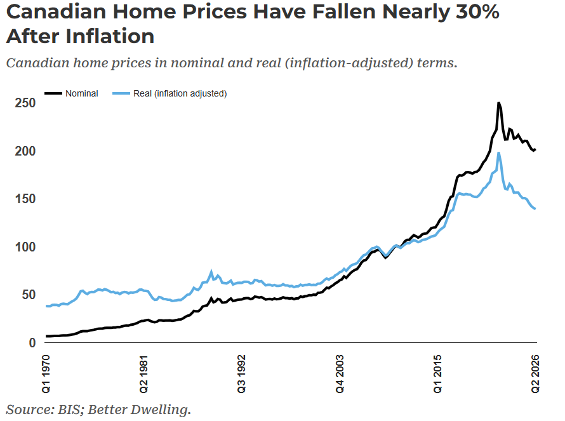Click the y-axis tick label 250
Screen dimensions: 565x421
pyautogui.click(x=25, y=103)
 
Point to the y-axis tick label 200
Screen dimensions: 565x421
pyautogui.click(x=25, y=151)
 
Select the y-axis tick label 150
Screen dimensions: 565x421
pyautogui.click(x=25, y=199)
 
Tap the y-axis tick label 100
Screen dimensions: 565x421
pyautogui.click(x=25, y=247)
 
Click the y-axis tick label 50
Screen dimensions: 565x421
pyautogui.click(x=29, y=295)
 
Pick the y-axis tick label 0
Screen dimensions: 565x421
pyautogui.click(x=32, y=343)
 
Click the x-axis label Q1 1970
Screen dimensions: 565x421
pyautogui.click(x=46, y=374)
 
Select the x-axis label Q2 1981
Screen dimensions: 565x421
pyautogui.click(x=143, y=374)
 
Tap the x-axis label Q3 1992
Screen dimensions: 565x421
pyautogui.click(x=241, y=374)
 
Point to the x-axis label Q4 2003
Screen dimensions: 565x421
pyautogui.click(x=340, y=374)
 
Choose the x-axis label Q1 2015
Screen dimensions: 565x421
pyautogui.click(x=437, y=374)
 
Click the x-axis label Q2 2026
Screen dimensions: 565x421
pyautogui.click(x=535, y=374)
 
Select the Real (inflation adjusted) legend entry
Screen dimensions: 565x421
pyautogui.click(x=169, y=94)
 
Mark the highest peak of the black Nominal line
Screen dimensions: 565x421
pyautogui.click(x=499, y=103)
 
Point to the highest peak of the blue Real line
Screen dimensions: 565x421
pyautogui.click(x=499, y=153)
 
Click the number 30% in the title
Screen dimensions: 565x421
pyautogui.click(x=477, y=11)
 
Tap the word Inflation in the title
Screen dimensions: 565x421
pyautogui.click(x=110, y=36)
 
